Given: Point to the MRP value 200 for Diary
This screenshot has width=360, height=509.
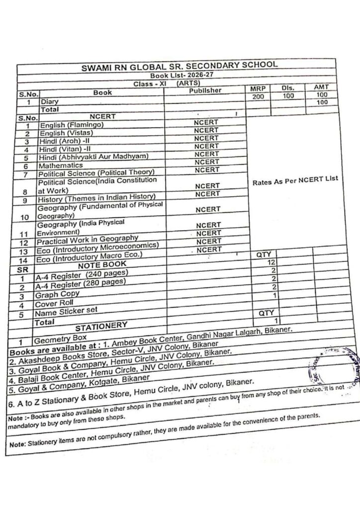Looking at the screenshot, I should [258, 96].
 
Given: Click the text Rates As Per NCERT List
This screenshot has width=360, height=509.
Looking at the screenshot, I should [291, 182].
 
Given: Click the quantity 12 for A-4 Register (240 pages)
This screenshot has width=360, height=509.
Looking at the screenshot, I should [271, 262].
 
